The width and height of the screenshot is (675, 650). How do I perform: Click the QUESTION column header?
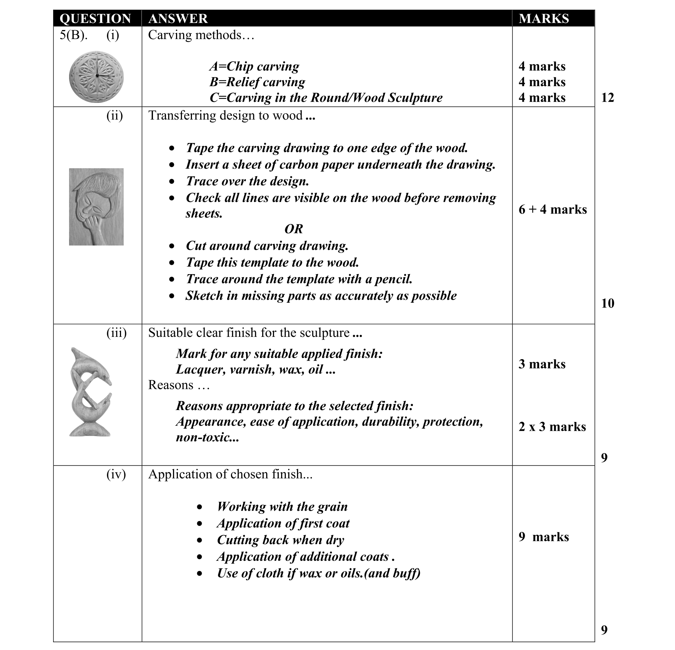point(95,19)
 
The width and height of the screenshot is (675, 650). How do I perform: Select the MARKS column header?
point(544,19)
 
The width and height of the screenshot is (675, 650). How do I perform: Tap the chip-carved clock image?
point(96,77)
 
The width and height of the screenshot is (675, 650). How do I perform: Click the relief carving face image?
point(96,207)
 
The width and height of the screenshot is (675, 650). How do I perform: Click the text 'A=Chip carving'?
point(254,66)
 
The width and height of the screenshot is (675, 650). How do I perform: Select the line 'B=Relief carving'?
point(257,82)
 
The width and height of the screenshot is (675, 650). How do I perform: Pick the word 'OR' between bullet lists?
point(293,229)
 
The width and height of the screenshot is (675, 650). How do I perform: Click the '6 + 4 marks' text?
point(552,209)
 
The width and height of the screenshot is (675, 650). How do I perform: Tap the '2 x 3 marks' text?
point(552,427)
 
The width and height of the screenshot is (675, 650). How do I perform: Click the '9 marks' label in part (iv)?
point(544,537)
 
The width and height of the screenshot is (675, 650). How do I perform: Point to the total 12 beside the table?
point(607,98)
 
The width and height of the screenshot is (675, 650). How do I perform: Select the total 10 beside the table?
point(607,303)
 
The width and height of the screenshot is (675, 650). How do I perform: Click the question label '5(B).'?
point(74,35)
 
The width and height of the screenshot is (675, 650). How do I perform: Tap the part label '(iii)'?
point(116,333)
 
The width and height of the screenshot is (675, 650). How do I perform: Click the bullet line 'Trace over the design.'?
point(247,181)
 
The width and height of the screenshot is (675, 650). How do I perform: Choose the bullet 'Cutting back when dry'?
point(281,540)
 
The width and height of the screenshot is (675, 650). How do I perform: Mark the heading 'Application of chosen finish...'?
point(230,474)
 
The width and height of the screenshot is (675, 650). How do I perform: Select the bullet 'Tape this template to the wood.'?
point(272,263)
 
